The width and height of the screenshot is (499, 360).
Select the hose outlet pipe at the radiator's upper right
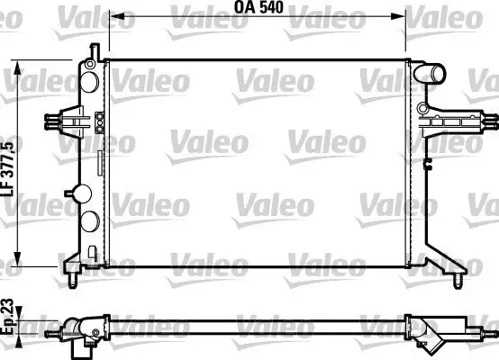pyautogui.click(x=436, y=74)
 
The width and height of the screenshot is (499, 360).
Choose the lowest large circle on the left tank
pyautogui.click(x=91, y=222)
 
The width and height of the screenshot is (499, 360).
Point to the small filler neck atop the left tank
pyautogui.click(x=92, y=52)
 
